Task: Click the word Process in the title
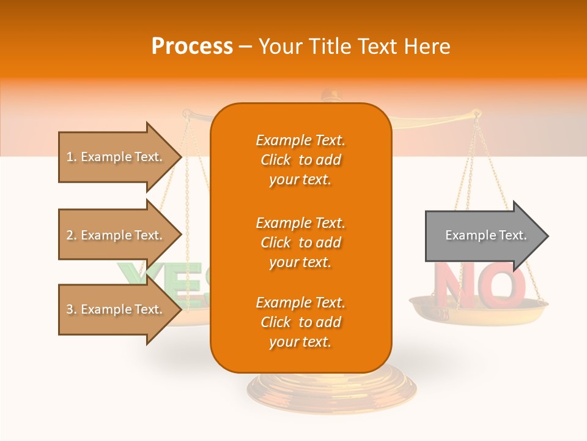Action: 192,46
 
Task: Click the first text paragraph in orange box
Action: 300,160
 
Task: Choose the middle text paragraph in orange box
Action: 300,243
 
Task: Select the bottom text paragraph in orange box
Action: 300,322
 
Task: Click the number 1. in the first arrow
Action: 72,157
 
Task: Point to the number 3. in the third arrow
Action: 72,309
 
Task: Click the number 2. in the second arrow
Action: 72,235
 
